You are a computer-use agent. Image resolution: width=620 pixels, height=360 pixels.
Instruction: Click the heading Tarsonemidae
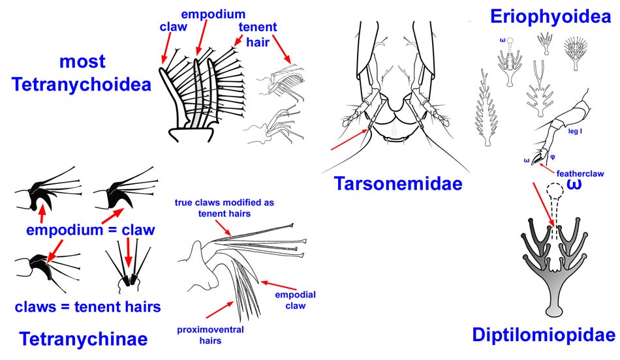point(398,184)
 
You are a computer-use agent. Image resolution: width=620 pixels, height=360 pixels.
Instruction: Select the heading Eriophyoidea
point(550,16)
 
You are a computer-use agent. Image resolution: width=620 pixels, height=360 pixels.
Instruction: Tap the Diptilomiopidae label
point(544,335)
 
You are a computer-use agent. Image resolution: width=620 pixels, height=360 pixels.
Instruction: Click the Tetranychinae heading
point(83,339)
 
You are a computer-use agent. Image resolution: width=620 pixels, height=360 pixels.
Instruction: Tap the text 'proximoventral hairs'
point(211,335)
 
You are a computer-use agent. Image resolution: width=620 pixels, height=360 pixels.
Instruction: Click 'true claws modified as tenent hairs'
point(224,207)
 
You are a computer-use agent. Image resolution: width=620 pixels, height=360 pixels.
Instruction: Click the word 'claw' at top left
point(174,27)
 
